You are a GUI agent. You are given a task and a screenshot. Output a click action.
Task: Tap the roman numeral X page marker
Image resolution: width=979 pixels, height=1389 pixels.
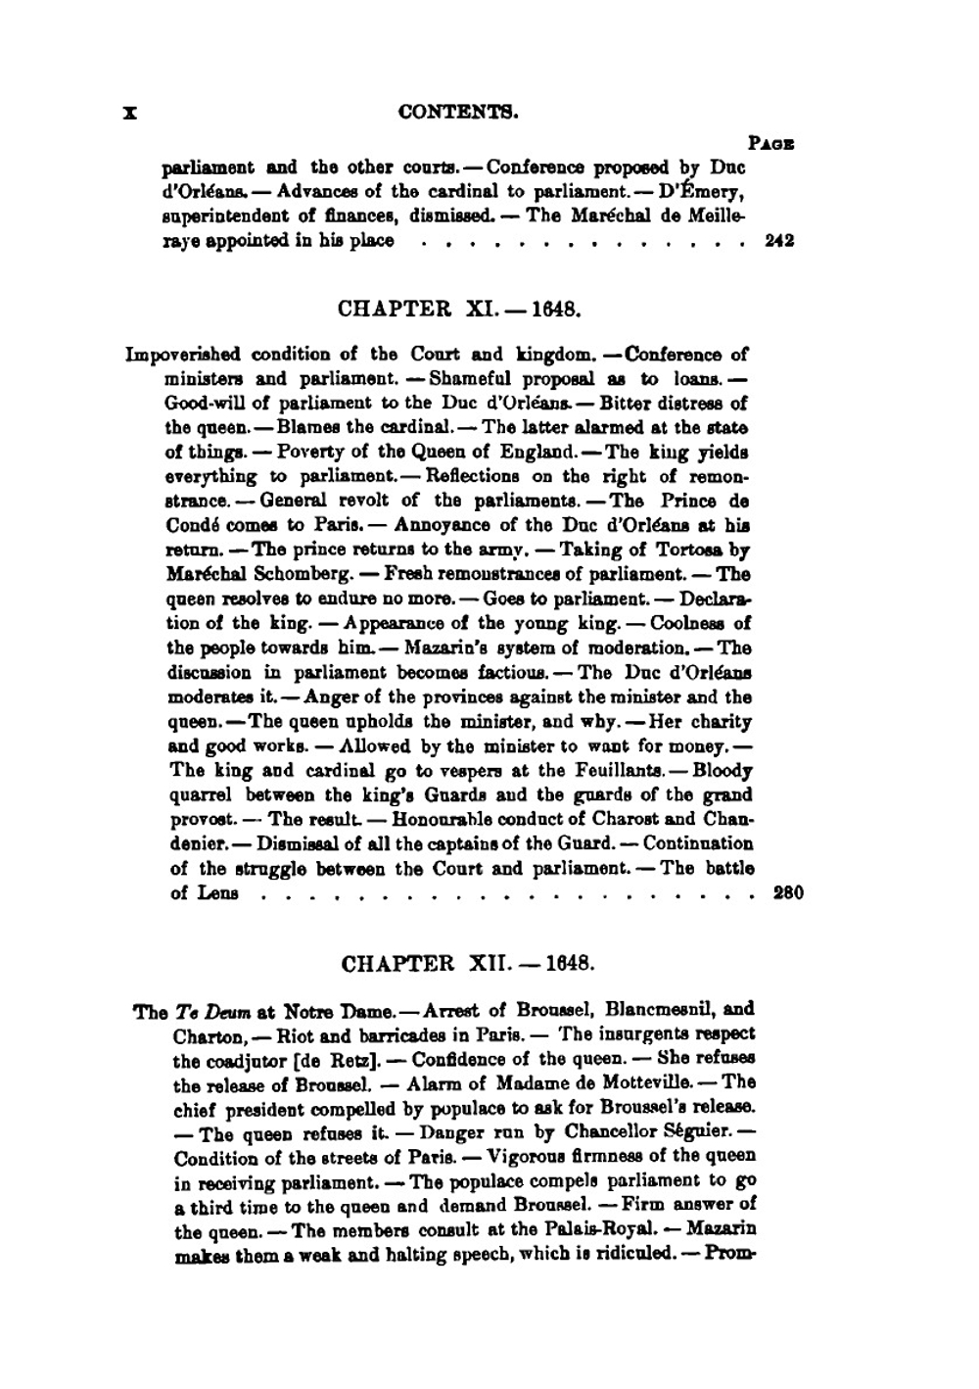pos(128,113)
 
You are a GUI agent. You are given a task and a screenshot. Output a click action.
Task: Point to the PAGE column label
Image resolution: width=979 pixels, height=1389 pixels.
pos(770,143)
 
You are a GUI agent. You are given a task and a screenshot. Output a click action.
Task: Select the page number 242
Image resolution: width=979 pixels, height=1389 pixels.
pos(779,241)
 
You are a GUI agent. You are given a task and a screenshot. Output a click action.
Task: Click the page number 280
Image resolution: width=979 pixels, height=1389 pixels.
pos(788,892)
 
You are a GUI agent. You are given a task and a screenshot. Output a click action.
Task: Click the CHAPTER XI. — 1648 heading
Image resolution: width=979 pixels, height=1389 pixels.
pos(460,310)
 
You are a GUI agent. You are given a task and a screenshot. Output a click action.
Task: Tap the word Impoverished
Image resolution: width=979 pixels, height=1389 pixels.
pos(184,355)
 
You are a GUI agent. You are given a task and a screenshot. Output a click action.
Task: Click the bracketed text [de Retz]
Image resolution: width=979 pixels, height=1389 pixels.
pos(354,1060)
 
